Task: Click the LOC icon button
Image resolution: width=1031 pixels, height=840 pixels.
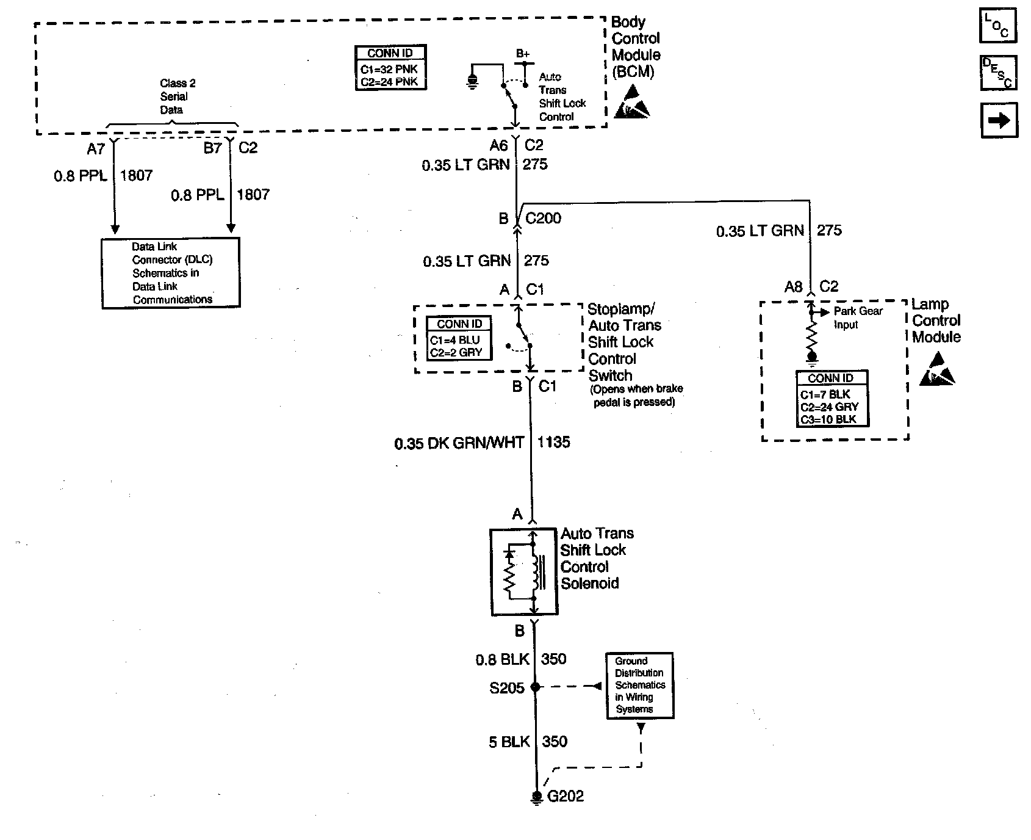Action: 998,26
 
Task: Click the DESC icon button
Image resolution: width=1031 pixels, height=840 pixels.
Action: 998,73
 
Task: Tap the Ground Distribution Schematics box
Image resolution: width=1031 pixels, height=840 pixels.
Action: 640,685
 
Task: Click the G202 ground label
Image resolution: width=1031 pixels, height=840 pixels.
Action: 566,796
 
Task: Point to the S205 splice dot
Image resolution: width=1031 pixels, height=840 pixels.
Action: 536,687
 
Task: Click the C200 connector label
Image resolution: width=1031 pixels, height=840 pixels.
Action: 543,219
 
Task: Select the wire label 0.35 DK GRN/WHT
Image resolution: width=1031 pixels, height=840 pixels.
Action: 459,443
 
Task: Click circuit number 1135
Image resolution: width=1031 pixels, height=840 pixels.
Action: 553,442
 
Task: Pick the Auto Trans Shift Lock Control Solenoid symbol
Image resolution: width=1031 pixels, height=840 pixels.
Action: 523,572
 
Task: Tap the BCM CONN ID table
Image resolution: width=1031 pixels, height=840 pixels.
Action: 390,68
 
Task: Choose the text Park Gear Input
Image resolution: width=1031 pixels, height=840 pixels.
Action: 858,317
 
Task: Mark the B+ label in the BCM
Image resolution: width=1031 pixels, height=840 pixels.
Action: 523,54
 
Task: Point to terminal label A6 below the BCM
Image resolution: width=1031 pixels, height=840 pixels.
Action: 498,145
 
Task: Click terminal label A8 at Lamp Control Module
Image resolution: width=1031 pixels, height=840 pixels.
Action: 793,286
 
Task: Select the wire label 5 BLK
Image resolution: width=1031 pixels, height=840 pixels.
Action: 509,742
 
